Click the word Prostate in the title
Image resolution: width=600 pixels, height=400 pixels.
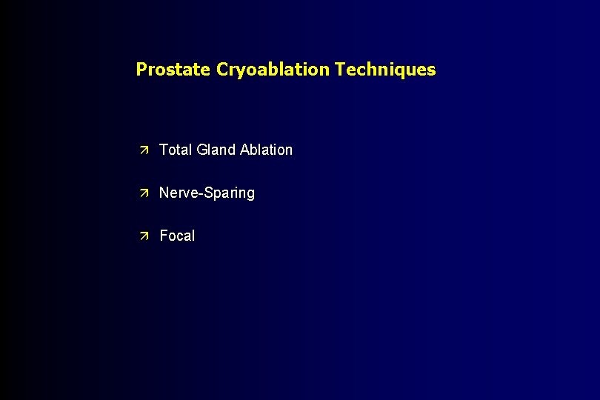coord(174,70)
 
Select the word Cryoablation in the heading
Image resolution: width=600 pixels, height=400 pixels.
coord(273,70)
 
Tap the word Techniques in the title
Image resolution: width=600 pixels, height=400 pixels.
coord(385,70)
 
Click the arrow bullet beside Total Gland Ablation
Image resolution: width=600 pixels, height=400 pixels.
coord(145,150)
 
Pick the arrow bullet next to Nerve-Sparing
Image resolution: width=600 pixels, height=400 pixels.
coord(145,193)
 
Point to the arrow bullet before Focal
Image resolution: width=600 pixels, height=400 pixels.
coord(145,236)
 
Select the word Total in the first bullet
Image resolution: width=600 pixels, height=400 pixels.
coord(176,150)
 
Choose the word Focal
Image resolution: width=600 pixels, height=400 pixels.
coord(178,236)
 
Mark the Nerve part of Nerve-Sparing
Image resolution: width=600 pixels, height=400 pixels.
coord(177,193)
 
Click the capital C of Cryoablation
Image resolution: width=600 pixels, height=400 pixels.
coord(222,70)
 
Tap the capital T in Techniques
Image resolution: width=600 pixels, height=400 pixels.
coord(340,70)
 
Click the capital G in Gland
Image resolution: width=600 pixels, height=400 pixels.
coord(203,150)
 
